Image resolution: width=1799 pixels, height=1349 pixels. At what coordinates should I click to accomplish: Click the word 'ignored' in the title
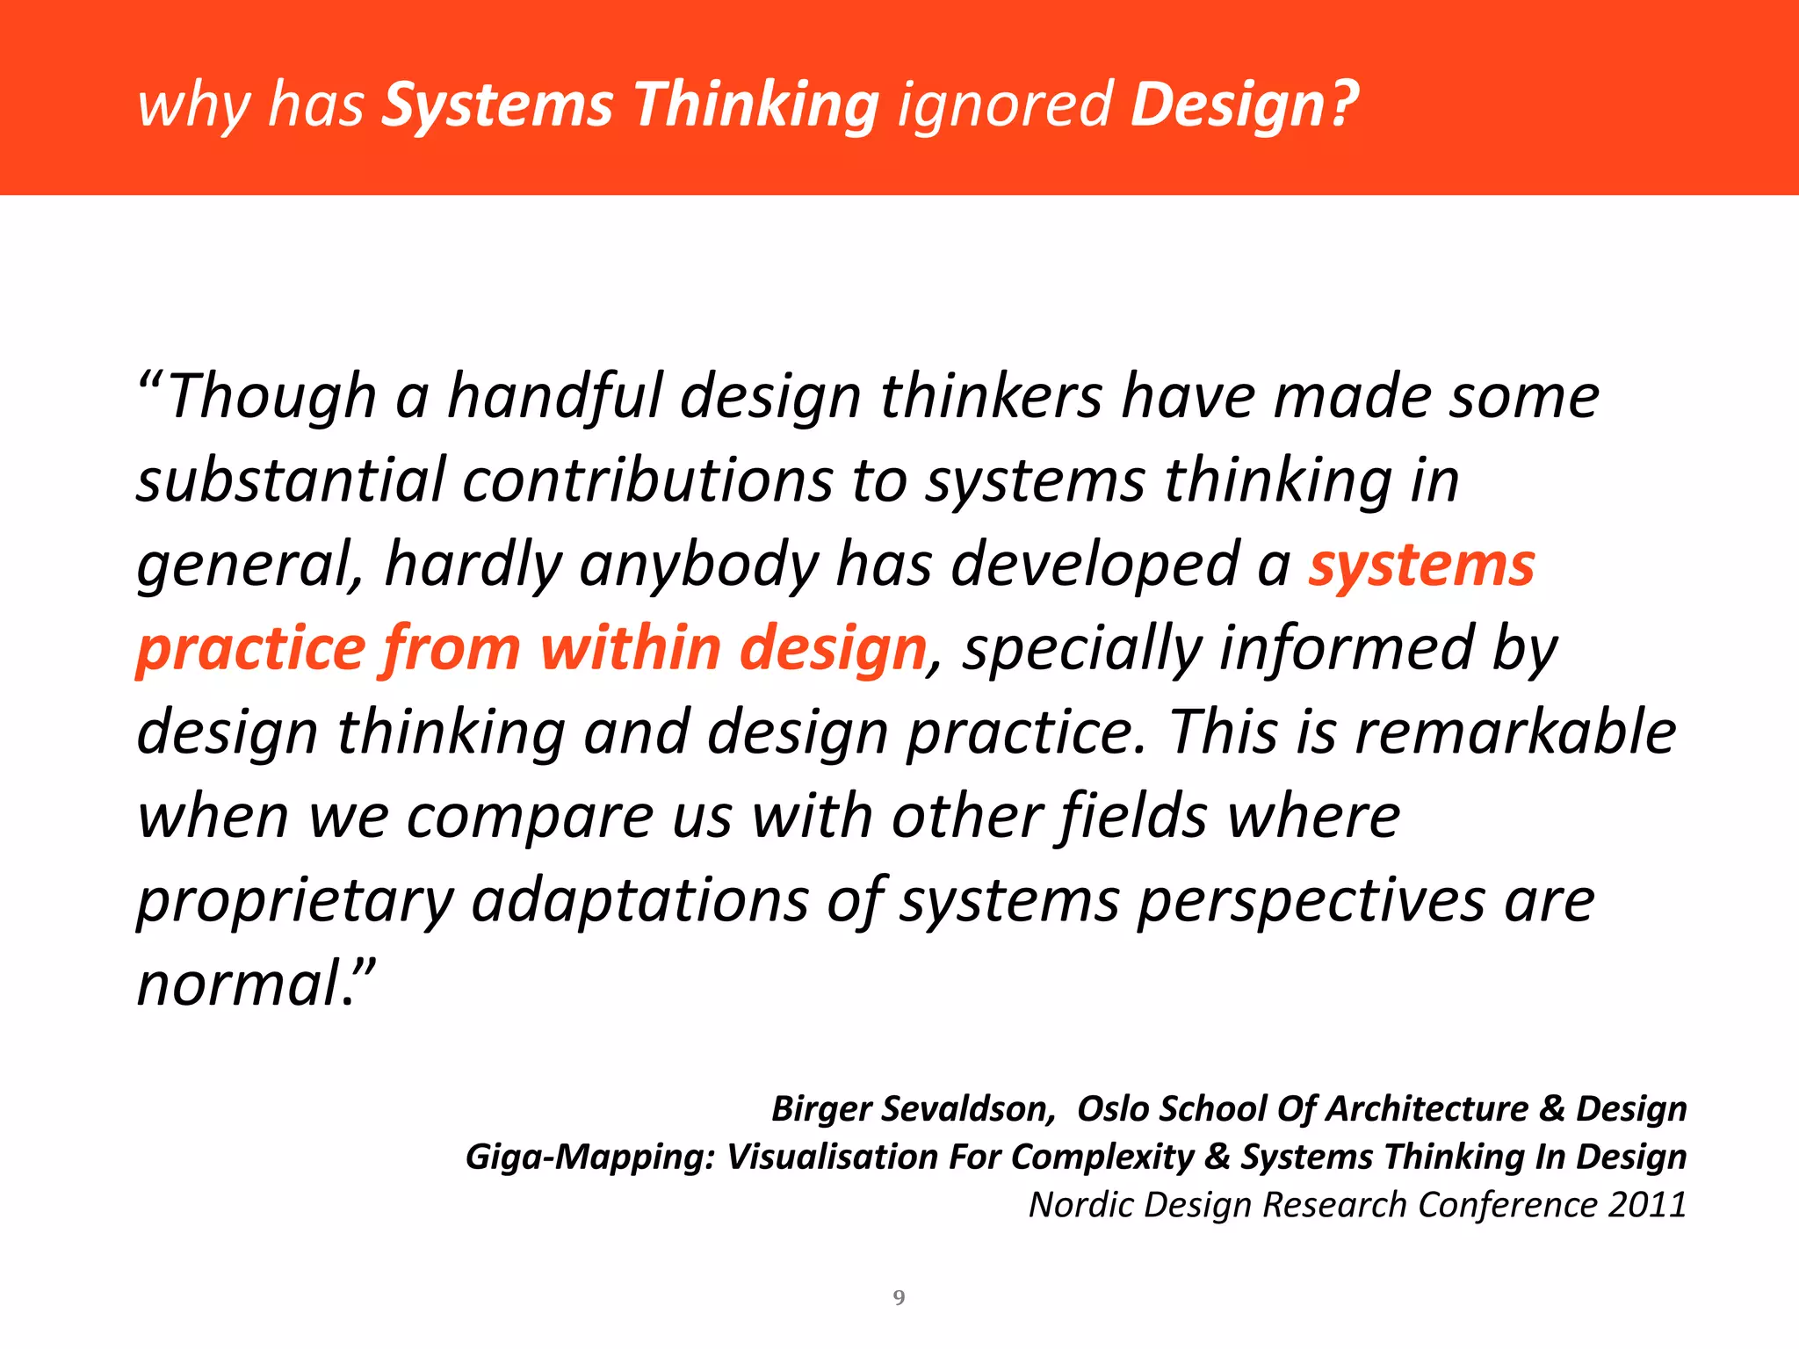(1005, 105)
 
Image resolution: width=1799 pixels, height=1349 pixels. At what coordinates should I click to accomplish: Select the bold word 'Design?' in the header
(1244, 105)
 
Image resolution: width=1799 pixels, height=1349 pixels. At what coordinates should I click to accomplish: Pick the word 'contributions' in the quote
(647, 480)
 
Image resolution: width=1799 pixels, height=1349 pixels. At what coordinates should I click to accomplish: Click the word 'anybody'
(699, 565)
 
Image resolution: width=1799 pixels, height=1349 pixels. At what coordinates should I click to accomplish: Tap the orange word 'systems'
(1421, 565)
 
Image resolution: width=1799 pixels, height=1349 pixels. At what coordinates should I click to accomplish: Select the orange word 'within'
(631, 648)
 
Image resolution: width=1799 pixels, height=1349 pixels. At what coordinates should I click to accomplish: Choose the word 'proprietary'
(295, 902)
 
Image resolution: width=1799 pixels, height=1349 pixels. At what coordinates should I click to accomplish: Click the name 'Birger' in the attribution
(821, 1109)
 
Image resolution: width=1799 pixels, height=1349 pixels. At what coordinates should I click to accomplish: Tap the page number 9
(899, 1298)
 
